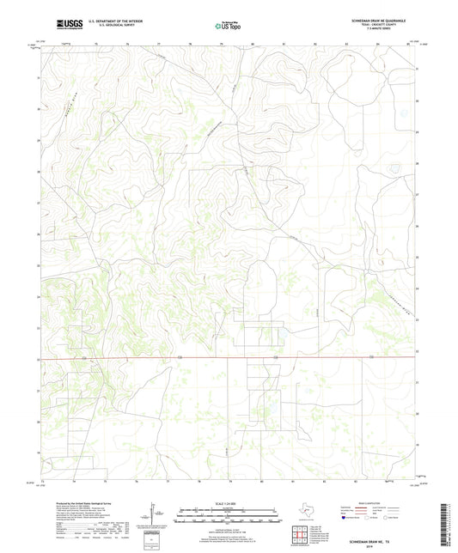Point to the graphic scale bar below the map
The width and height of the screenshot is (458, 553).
tap(228, 517)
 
